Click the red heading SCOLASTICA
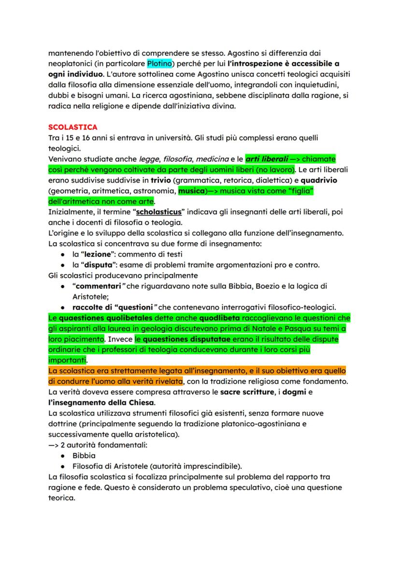[x=73, y=127]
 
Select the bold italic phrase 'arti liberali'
[x=267, y=159]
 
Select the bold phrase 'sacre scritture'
[x=248, y=392]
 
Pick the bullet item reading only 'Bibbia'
[x=84, y=455]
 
